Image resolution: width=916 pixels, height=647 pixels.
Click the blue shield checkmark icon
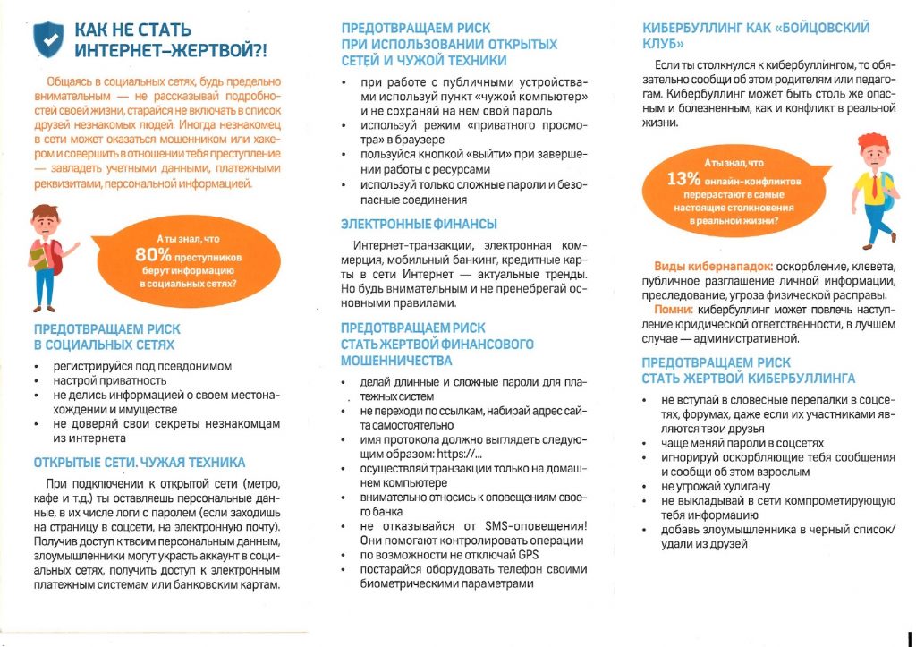[48, 38]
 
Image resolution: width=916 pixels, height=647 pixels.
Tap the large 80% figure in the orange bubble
[154, 255]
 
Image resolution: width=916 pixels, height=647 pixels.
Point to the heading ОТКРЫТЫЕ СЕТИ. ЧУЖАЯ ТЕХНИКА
[139, 463]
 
